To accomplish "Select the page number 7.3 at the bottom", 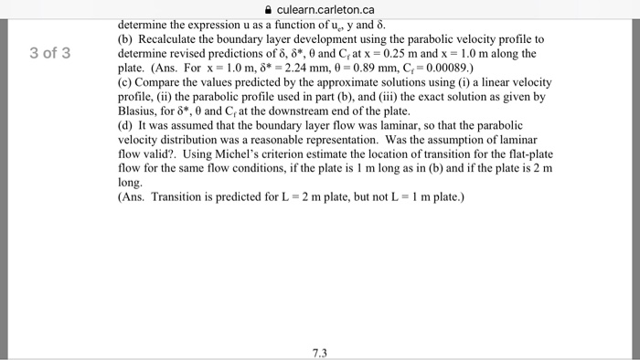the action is [318, 351].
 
